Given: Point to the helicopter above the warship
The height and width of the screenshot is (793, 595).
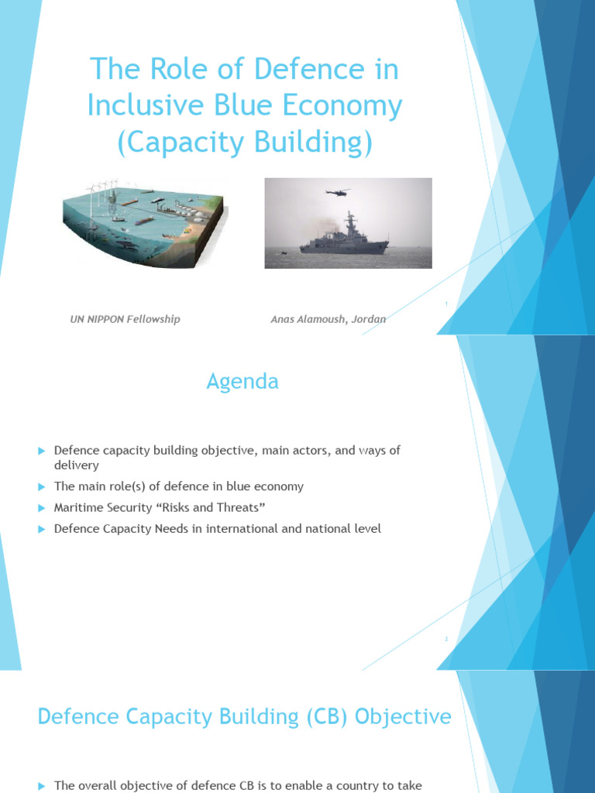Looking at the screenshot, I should click(x=337, y=191).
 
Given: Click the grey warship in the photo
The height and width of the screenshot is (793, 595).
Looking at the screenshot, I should click(x=345, y=238).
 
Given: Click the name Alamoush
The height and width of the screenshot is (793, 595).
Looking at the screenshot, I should click(x=322, y=319).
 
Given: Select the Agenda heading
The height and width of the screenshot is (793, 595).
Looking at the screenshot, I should click(x=242, y=381).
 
